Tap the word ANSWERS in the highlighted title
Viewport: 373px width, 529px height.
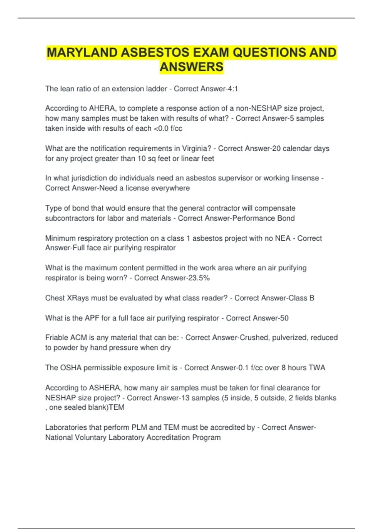coord(191,67)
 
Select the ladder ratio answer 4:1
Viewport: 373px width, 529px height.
coord(233,89)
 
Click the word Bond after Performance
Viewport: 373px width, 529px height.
coord(286,218)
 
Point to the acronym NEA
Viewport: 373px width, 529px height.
coord(283,238)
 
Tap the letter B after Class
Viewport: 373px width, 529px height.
coord(312,298)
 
